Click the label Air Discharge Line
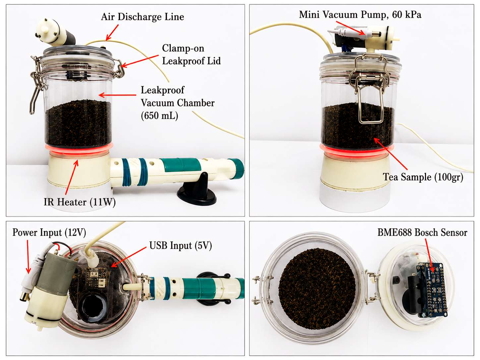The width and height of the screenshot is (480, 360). click(x=142, y=17)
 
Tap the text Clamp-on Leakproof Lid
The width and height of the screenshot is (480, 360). click(x=191, y=55)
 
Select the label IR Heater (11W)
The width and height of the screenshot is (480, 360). click(x=80, y=202)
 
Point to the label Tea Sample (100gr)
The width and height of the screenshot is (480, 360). click(x=423, y=177)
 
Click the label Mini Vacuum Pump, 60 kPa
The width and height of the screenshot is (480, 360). click(x=360, y=15)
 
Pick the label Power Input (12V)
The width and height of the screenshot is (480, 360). click(x=49, y=232)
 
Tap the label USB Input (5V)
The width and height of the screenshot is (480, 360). click(x=181, y=245)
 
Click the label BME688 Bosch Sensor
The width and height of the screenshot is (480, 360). click(x=422, y=232)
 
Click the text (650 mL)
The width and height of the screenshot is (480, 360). click(x=159, y=116)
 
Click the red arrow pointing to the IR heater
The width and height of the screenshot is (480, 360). click(x=72, y=177)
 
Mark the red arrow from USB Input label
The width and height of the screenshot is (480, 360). click(x=129, y=257)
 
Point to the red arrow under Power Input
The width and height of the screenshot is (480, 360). click(x=28, y=257)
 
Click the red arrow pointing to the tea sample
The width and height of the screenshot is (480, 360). click(x=390, y=154)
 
